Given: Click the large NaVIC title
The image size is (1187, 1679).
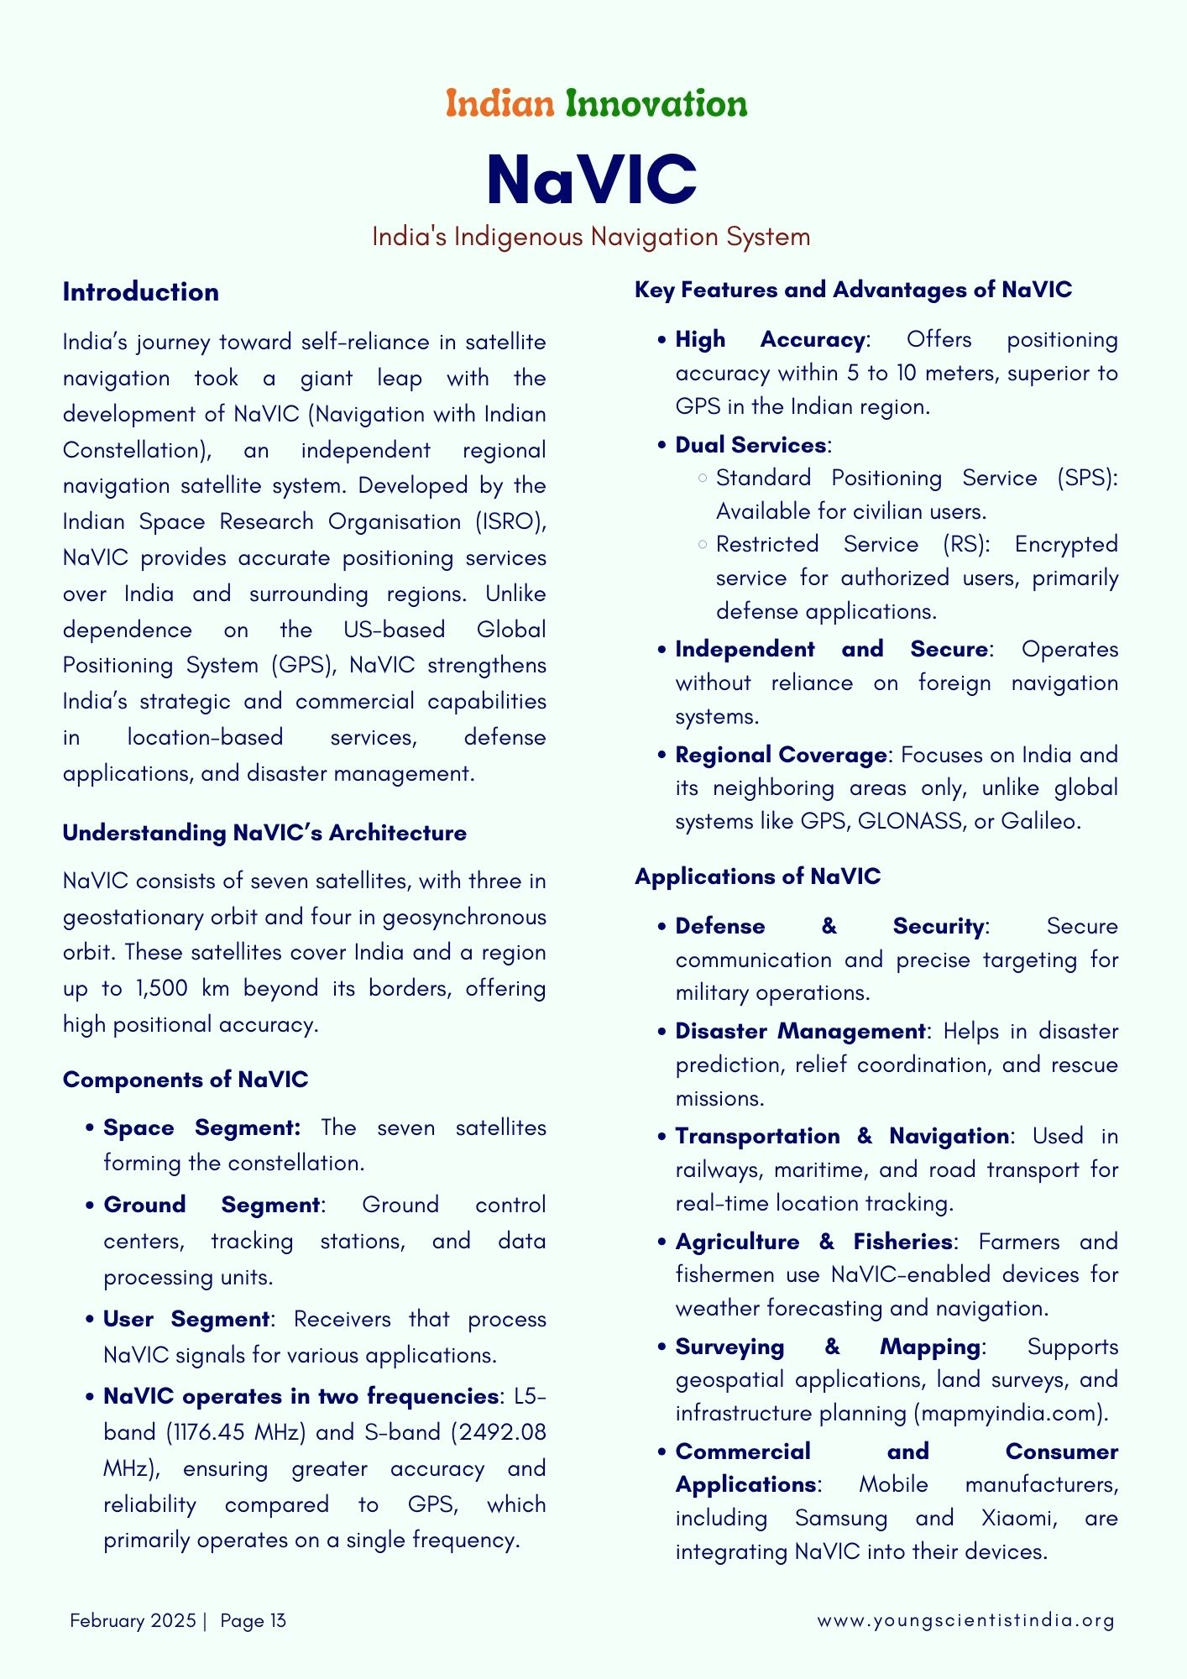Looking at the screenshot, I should pos(592,179).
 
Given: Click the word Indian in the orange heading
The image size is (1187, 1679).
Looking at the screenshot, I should pos(499,104).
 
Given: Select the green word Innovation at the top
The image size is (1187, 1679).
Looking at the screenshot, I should pos(656,104).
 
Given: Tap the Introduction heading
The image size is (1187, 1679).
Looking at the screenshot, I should pos(140,292).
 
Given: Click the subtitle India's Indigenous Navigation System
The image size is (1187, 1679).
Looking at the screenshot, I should pos(591,237).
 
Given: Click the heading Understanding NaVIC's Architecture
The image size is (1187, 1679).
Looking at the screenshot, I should pos(264,833).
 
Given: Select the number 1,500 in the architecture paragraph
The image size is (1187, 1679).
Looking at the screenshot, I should pos(161,988).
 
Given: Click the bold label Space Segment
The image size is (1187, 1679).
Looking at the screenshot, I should pos(201,1127).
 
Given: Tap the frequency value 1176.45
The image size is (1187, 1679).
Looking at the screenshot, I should pos(210,1432).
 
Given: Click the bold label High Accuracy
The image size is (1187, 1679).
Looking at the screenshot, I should pos(770,340).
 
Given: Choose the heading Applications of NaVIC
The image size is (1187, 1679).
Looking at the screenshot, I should pos(757,876).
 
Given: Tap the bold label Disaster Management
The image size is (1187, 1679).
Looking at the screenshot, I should pos(800,1031).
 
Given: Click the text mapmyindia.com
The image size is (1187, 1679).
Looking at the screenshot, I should pos(1010,1413).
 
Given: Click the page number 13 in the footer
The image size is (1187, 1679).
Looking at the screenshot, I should pos(278,1620).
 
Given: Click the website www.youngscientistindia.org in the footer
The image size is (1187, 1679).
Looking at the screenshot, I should pos(965,1620).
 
